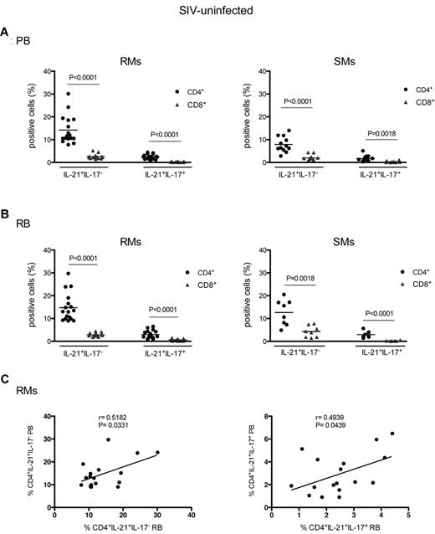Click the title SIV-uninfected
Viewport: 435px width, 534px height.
(217, 9)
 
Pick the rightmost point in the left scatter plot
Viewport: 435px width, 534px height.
(157, 452)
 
